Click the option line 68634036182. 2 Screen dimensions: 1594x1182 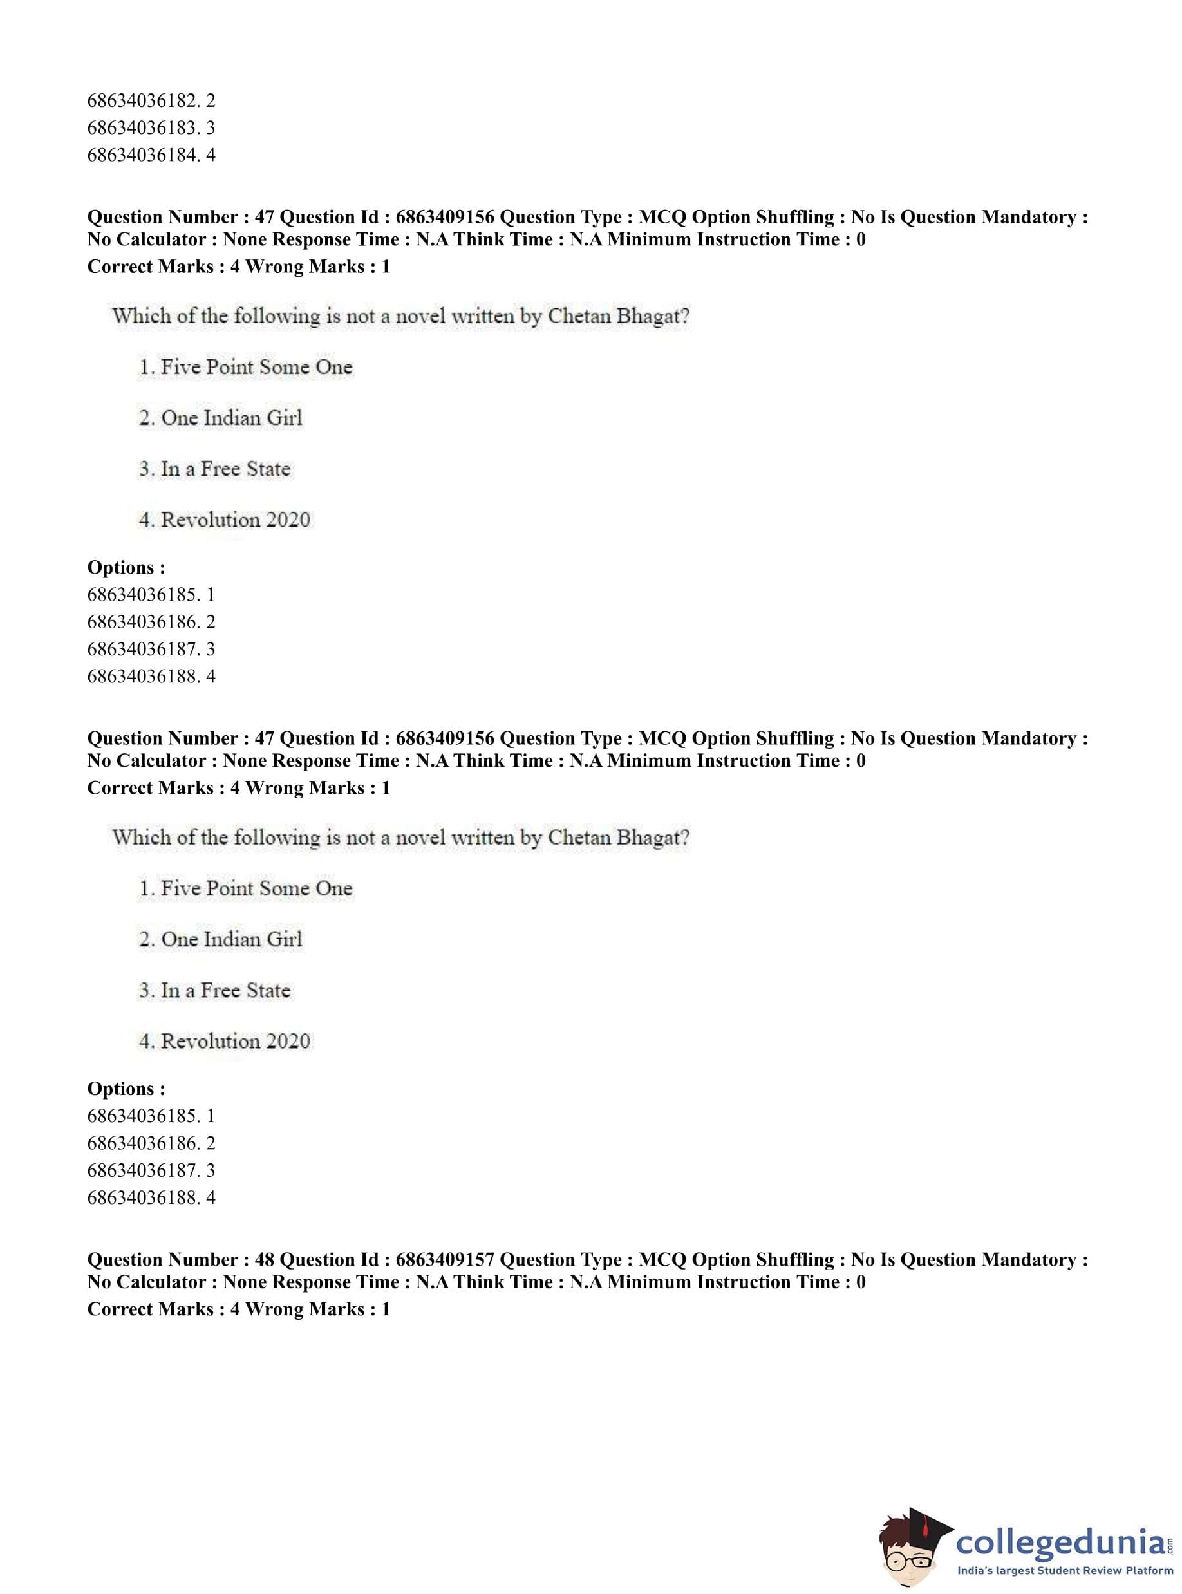click(151, 101)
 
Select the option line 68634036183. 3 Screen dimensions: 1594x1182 click(151, 128)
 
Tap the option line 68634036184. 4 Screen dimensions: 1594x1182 click(151, 155)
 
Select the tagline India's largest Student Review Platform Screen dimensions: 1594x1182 click(1065, 1571)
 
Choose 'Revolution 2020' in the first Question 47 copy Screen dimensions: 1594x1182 click(236, 520)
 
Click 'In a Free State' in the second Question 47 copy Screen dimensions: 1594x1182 click(225, 990)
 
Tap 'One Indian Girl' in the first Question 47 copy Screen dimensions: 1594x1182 click(232, 418)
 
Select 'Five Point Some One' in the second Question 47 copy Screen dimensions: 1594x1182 click(256, 888)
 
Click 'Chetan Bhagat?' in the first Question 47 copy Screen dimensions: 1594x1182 click(618, 316)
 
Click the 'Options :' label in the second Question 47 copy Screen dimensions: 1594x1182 click(126, 1088)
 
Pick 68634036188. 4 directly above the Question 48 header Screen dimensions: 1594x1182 click(151, 1197)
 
